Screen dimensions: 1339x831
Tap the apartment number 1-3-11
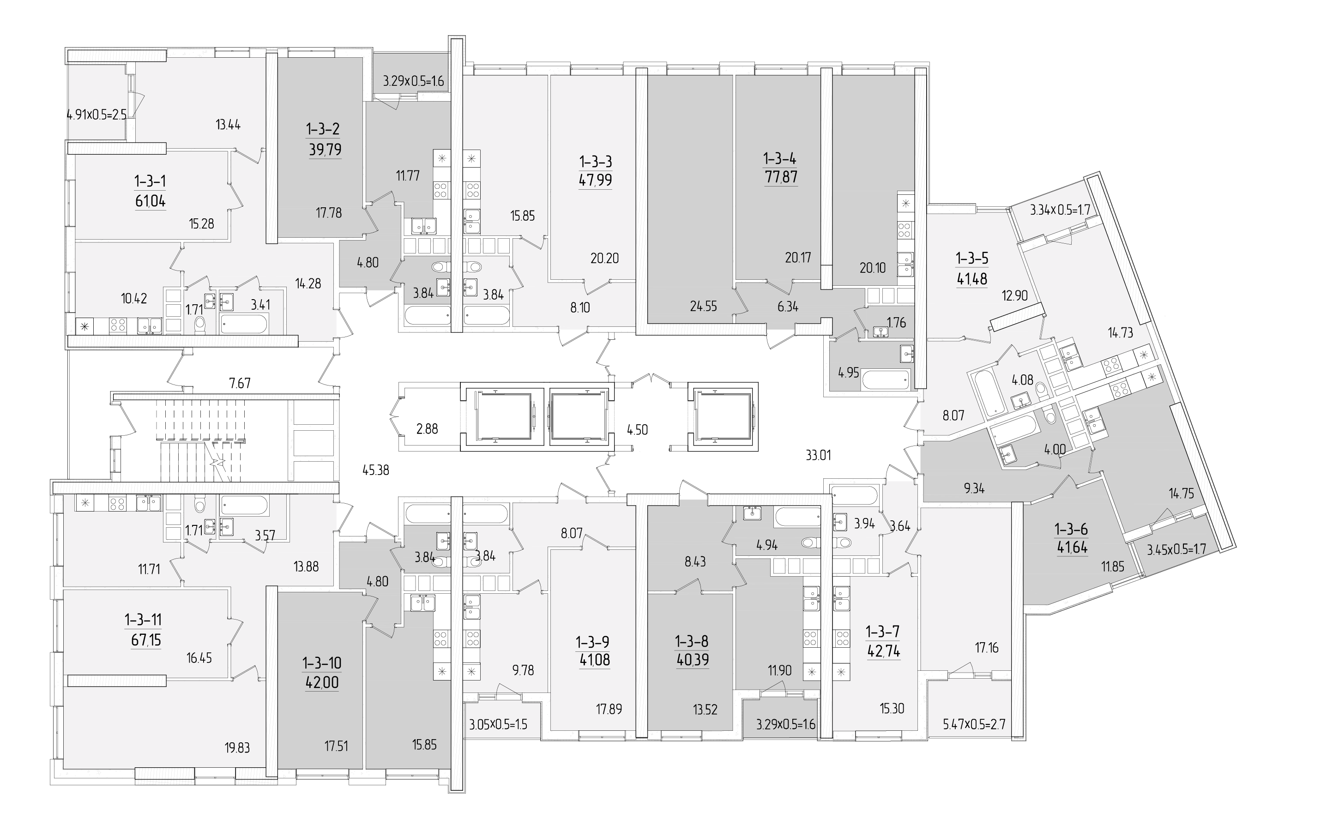pyautogui.click(x=143, y=620)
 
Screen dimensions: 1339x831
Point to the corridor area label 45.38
pyautogui.click(x=376, y=470)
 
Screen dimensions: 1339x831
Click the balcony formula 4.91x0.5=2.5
pyautogui.click(x=97, y=115)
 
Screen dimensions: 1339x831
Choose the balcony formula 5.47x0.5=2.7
pyautogui.click(x=974, y=724)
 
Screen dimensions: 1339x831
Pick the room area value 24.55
pyautogui.click(x=704, y=307)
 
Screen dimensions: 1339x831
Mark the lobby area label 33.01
pyautogui.click(x=819, y=455)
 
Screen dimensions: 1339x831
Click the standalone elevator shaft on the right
pyautogui.click(x=723, y=416)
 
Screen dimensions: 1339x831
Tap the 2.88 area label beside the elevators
pyautogui.click(x=427, y=429)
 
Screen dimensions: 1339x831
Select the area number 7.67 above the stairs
pyautogui.click(x=240, y=383)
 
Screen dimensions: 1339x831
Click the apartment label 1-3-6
pyautogui.click(x=1071, y=529)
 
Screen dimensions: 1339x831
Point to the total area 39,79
pyautogui.click(x=326, y=150)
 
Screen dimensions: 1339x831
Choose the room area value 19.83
pyautogui.click(x=237, y=747)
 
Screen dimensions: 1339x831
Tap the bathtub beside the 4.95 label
pyautogui.click(x=886, y=379)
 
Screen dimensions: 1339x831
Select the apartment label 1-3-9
pyautogui.click(x=592, y=642)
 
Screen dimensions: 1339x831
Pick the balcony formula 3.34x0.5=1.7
pyautogui.click(x=1060, y=210)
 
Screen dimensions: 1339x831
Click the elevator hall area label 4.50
pyautogui.click(x=638, y=430)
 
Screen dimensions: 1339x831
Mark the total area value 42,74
pyautogui.click(x=883, y=651)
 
